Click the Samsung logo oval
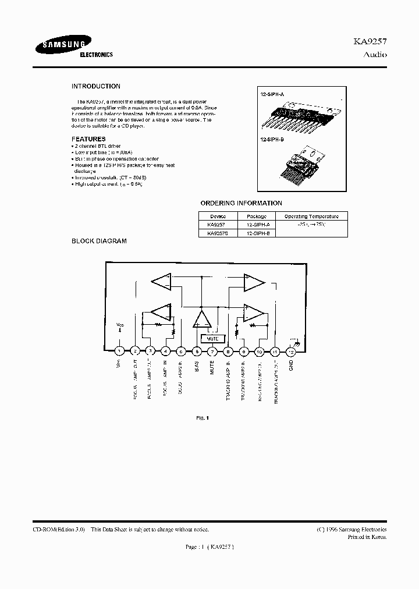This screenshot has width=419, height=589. [x=62, y=47]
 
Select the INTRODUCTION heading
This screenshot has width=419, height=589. [x=96, y=86]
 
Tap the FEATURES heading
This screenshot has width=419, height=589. [x=88, y=139]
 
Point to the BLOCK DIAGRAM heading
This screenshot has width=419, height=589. [x=99, y=241]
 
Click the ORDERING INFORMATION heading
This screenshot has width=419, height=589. [x=241, y=203]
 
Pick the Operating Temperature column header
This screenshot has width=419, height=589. [x=310, y=216]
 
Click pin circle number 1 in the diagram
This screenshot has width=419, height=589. [x=119, y=351]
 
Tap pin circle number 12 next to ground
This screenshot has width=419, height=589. [x=291, y=351]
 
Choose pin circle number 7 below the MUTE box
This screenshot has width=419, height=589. [x=213, y=351]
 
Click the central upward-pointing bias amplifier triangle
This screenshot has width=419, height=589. [x=202, y=320]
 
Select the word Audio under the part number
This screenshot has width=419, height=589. [x=375, y=55]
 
